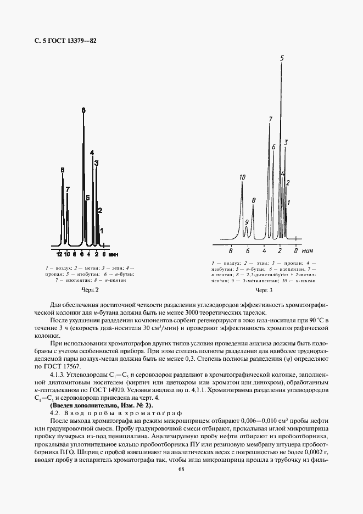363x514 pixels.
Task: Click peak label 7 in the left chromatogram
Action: [68, 189]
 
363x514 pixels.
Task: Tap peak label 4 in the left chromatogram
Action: [92, 153]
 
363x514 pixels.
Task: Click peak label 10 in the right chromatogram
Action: [242, 177]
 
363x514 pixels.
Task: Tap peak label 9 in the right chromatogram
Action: [247, 222]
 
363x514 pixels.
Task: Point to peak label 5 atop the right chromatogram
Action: [282, 58]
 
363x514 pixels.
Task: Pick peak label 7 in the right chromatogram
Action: [270, 119]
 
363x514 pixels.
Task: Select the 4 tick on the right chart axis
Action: [264, 250]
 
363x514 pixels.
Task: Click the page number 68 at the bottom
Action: [181, 468]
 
